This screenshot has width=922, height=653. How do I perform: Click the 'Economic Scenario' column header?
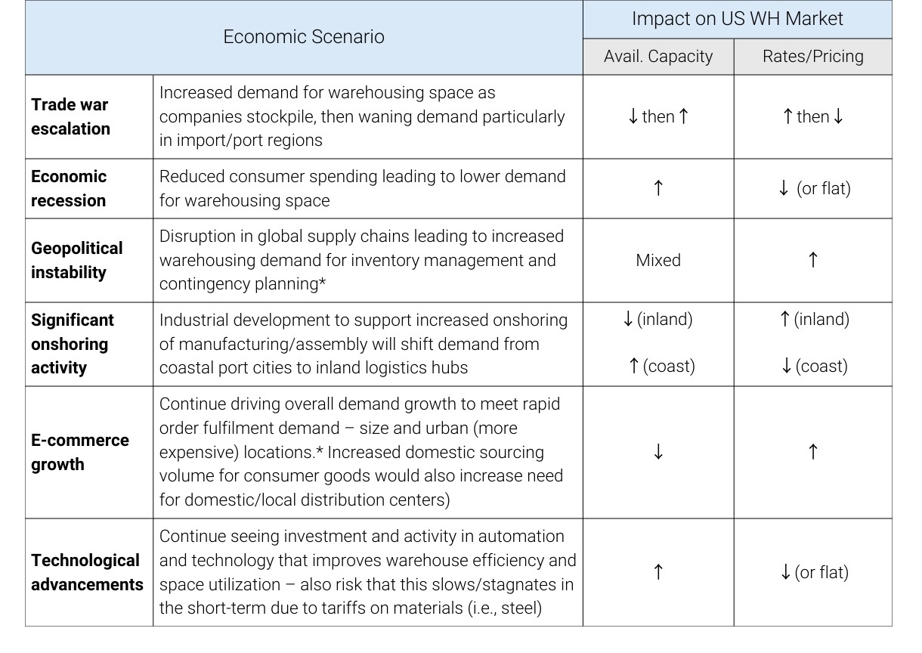(x=303, y=37)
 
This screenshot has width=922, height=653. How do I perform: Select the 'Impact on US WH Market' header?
(x=737, y=19)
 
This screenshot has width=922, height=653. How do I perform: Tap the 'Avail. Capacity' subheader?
(x=657, y=57)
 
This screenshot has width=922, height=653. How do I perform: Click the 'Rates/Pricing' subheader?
(x=812, y=57)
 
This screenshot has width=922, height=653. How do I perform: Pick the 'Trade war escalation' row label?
(x=70, y=116)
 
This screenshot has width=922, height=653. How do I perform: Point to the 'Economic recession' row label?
(x=69, y=188)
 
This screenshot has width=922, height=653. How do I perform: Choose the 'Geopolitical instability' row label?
(x=76, y=260)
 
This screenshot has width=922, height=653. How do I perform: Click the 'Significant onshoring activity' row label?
(x=72, y=344)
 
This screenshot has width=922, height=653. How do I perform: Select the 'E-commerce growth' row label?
(x=80, y=452)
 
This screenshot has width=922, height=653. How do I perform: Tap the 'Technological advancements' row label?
(x=87, y=572)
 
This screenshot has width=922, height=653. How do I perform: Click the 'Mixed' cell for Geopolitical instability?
(x=657, y=260)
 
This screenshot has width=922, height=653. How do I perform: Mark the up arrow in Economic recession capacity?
(x=657, y=188)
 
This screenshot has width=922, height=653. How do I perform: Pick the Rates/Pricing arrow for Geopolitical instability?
(x=812, y=260)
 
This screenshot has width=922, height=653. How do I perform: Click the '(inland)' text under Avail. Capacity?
(x=665, y=320)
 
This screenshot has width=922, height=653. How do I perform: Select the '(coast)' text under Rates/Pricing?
(x=821, y=367)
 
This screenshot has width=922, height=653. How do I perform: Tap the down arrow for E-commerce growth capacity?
(x=657, y=452)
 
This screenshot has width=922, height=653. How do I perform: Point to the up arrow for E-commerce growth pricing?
(x=812, y=452)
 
